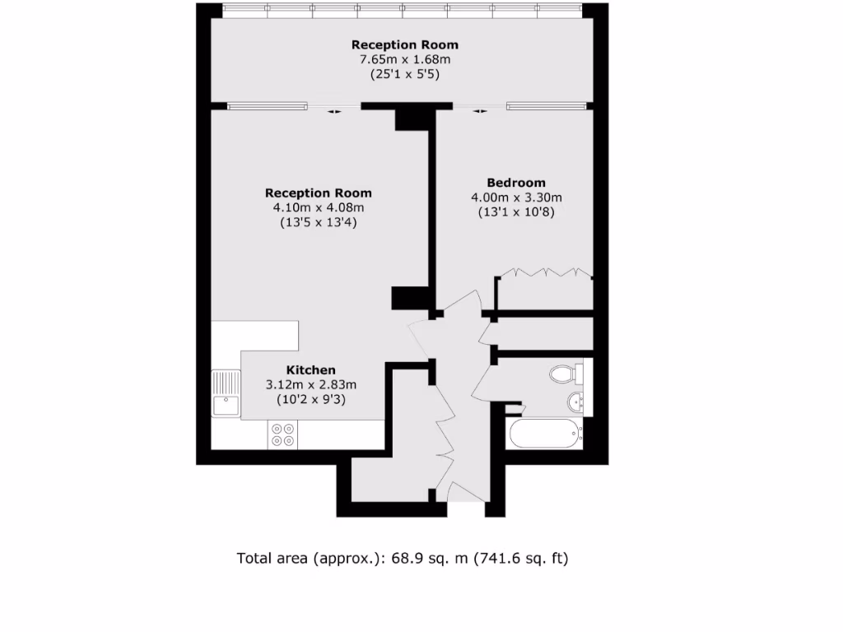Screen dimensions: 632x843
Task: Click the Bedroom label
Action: [515, 183]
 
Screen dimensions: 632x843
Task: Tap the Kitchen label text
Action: [310, 370]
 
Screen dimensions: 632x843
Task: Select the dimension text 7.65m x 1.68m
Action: [404, 59]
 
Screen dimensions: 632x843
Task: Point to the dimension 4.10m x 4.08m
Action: [318, 207]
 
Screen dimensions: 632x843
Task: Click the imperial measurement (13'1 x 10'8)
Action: [515, 211]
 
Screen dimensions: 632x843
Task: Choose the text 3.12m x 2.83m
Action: [310, 384]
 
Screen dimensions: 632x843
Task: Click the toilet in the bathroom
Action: [565, 374]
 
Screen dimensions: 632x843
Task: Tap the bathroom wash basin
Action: [575, 402]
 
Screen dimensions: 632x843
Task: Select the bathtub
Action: [544, 434]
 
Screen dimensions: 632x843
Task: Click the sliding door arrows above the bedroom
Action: [480, 113]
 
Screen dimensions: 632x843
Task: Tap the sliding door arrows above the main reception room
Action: [333, 113]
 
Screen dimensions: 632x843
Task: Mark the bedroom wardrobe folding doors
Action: [544, 272]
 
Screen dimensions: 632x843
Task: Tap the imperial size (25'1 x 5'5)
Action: [404, 74]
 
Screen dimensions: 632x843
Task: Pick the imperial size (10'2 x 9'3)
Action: [310, 399]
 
